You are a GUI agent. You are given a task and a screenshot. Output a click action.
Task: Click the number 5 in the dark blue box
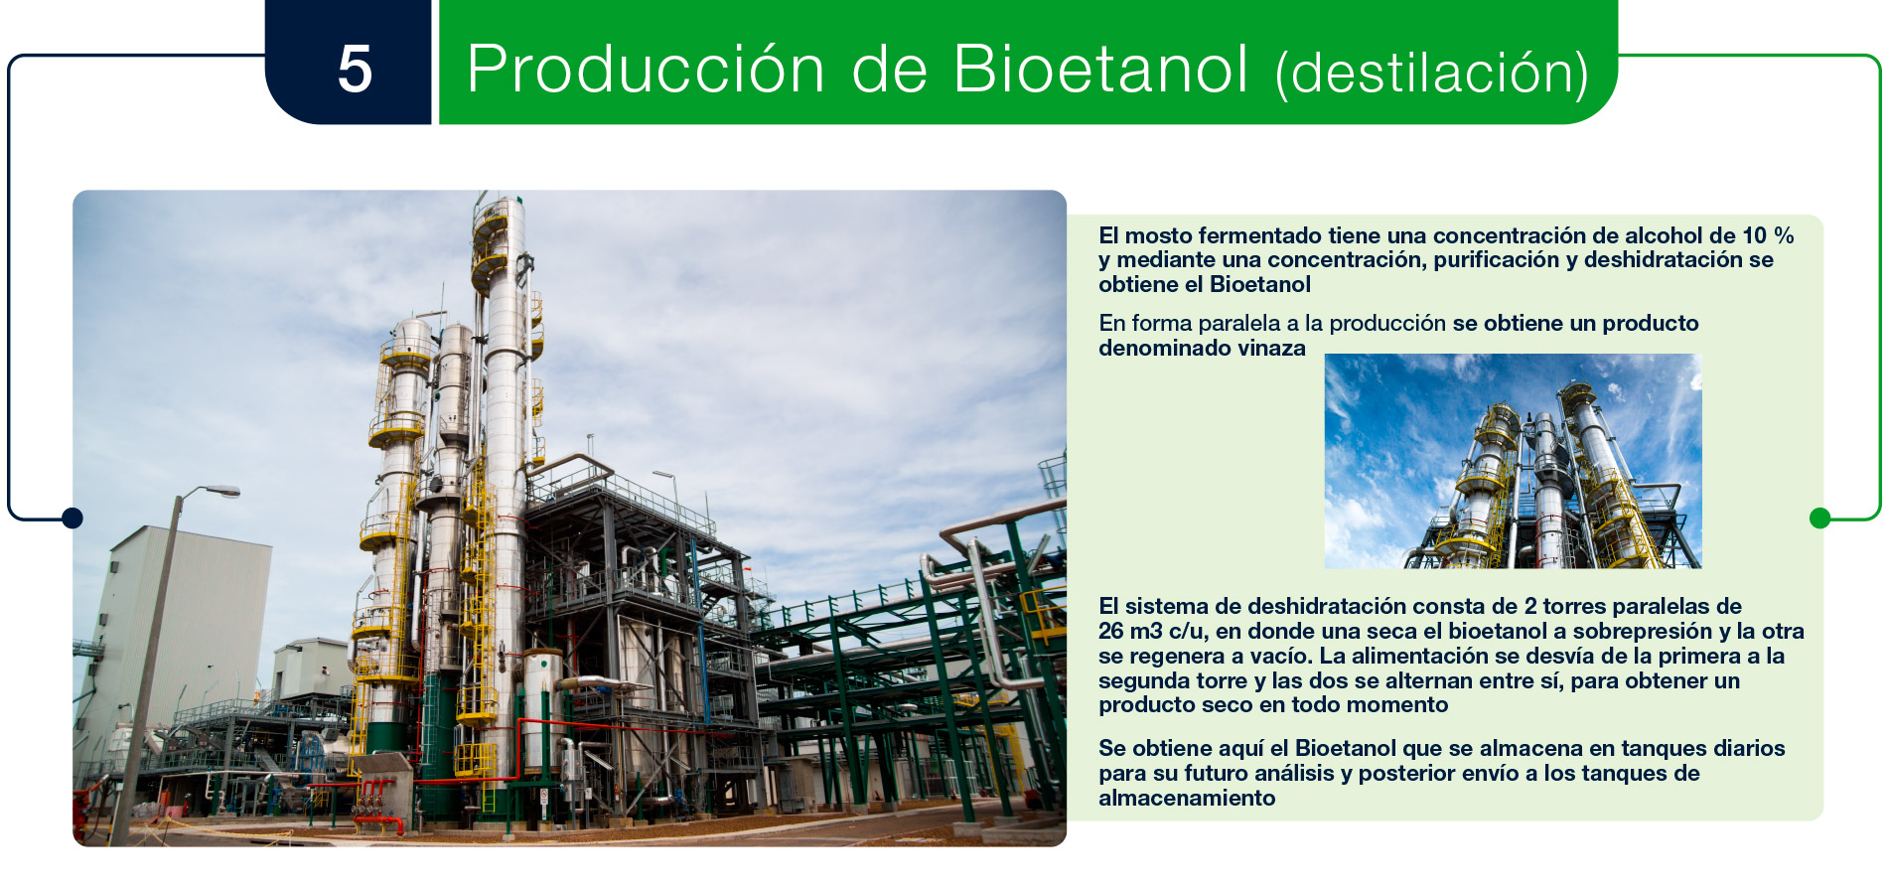point(355,70)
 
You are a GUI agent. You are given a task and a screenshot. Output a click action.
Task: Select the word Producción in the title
point(646,70)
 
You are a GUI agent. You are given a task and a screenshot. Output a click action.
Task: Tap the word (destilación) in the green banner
point(1431,74)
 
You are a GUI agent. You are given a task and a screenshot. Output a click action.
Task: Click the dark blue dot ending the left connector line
point(72,518)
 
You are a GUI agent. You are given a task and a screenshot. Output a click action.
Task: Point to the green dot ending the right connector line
point(1819,518)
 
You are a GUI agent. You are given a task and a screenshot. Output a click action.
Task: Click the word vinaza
point(1271,349)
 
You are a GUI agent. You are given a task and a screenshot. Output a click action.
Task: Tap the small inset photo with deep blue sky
point(1513,461)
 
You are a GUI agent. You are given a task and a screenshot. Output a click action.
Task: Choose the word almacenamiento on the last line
point(1187,799)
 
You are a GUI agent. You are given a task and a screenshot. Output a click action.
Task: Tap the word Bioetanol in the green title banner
point(1100,70)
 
